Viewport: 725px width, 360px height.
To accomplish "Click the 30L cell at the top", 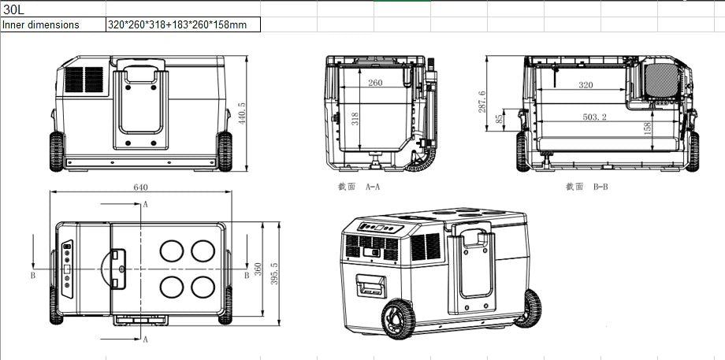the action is coord(53,9).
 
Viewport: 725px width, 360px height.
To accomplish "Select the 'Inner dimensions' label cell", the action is coord(53,24).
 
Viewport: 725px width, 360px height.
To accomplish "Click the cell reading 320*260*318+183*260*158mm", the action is coord(183,24).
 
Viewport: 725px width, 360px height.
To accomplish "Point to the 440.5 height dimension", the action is coord(242,113).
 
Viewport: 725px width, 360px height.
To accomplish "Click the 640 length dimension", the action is coord(140,187).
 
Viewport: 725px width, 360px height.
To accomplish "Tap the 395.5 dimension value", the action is coord(274,273).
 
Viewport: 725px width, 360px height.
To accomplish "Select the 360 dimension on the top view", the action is coord(258,269).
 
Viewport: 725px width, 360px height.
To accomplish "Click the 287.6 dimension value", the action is coord(481,102).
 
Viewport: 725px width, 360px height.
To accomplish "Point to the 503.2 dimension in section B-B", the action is coord(595,117).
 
